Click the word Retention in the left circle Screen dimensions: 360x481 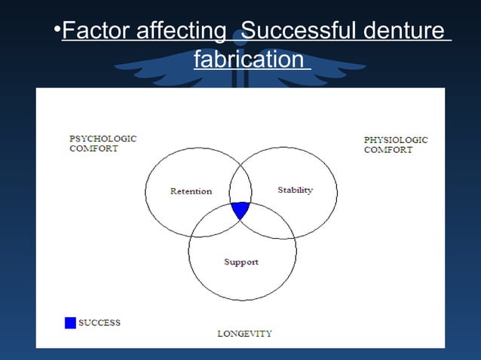pos(191,191)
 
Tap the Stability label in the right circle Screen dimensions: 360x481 pos(295,190)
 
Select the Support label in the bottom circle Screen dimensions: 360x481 pos(241,262)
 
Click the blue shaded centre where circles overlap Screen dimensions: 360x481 pos(240,209)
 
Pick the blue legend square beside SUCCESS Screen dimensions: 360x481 pos(70,323)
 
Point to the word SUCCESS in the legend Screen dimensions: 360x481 pos(100,323)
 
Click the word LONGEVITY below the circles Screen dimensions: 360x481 pos(244,333)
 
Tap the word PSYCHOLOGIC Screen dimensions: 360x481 pos(103,139)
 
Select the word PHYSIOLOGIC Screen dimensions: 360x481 pos(396,140)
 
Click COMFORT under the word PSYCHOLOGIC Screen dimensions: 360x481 pos(93,149)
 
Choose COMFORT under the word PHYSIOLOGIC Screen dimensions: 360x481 pos(388,150)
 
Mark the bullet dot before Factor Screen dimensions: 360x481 pos(57,31)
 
